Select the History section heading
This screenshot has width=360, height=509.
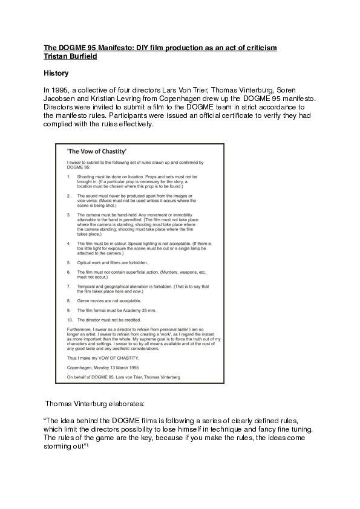tap(56, 73)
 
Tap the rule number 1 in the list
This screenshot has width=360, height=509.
tap(69, 176)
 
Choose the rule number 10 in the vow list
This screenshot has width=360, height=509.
tap(70, 318)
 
